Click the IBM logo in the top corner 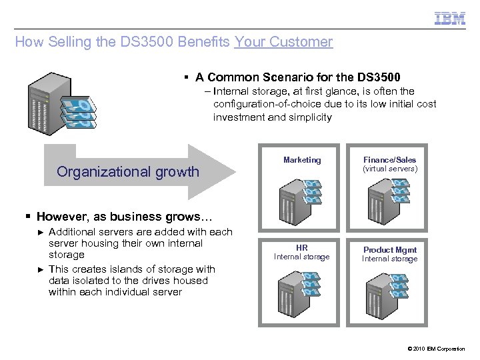pyautogui.click(x=450, y=18)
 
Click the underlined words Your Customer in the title pyautogui.click(x=283, y=42)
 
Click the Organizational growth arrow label pyautogui.click(x=128, y=171)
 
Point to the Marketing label pyautogui.click(x=302, y=160)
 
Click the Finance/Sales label pyautogui.click(x=390, y=160)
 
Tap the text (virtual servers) pyautogui.click(x=390, y=169)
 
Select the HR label pyautogui.click(x=302, y=248)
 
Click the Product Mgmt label pyautogui.click(x=390, y=250)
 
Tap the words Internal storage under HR pyautogui.click(x=302, y=257)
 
